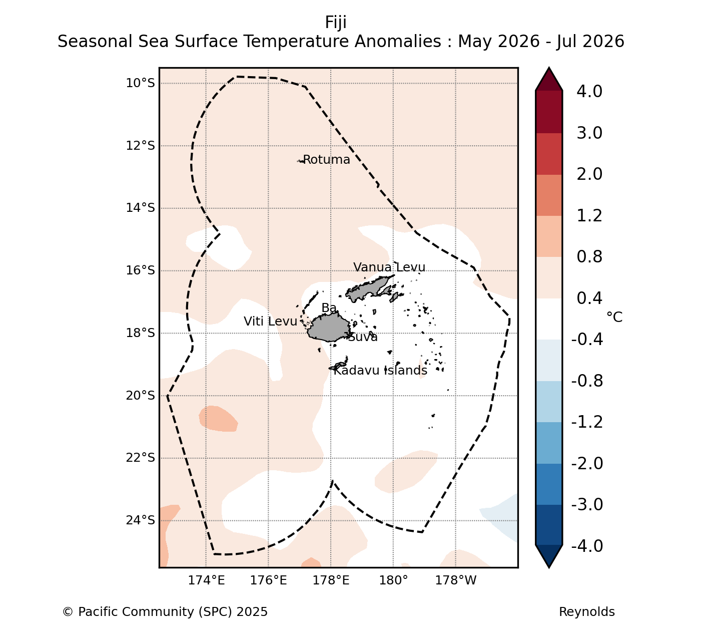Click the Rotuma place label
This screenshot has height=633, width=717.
[326, 160]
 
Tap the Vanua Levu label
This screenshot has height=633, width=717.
[389, 267]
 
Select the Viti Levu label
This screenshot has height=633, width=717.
[270, 322]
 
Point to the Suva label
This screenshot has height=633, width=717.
[363, 337]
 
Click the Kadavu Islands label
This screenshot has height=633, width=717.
[380, 370]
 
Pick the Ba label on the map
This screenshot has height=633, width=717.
[329, 308]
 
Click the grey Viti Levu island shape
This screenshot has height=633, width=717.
[328, 328]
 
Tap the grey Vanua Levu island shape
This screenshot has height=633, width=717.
[369, 287]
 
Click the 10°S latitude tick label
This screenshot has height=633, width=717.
[141, 83]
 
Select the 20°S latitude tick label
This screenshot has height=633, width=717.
[141, 395]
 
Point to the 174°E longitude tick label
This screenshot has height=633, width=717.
[206, 580]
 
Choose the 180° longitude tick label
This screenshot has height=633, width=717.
[394, 580]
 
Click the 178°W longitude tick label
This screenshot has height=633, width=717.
[456, 580]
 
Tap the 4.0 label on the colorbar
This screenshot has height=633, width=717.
[589, 91]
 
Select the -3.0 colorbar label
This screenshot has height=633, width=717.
[587, 504]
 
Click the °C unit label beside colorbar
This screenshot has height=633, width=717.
[614, 317]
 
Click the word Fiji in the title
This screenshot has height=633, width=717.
[336, 23]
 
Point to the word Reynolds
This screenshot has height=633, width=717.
[587, 612]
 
